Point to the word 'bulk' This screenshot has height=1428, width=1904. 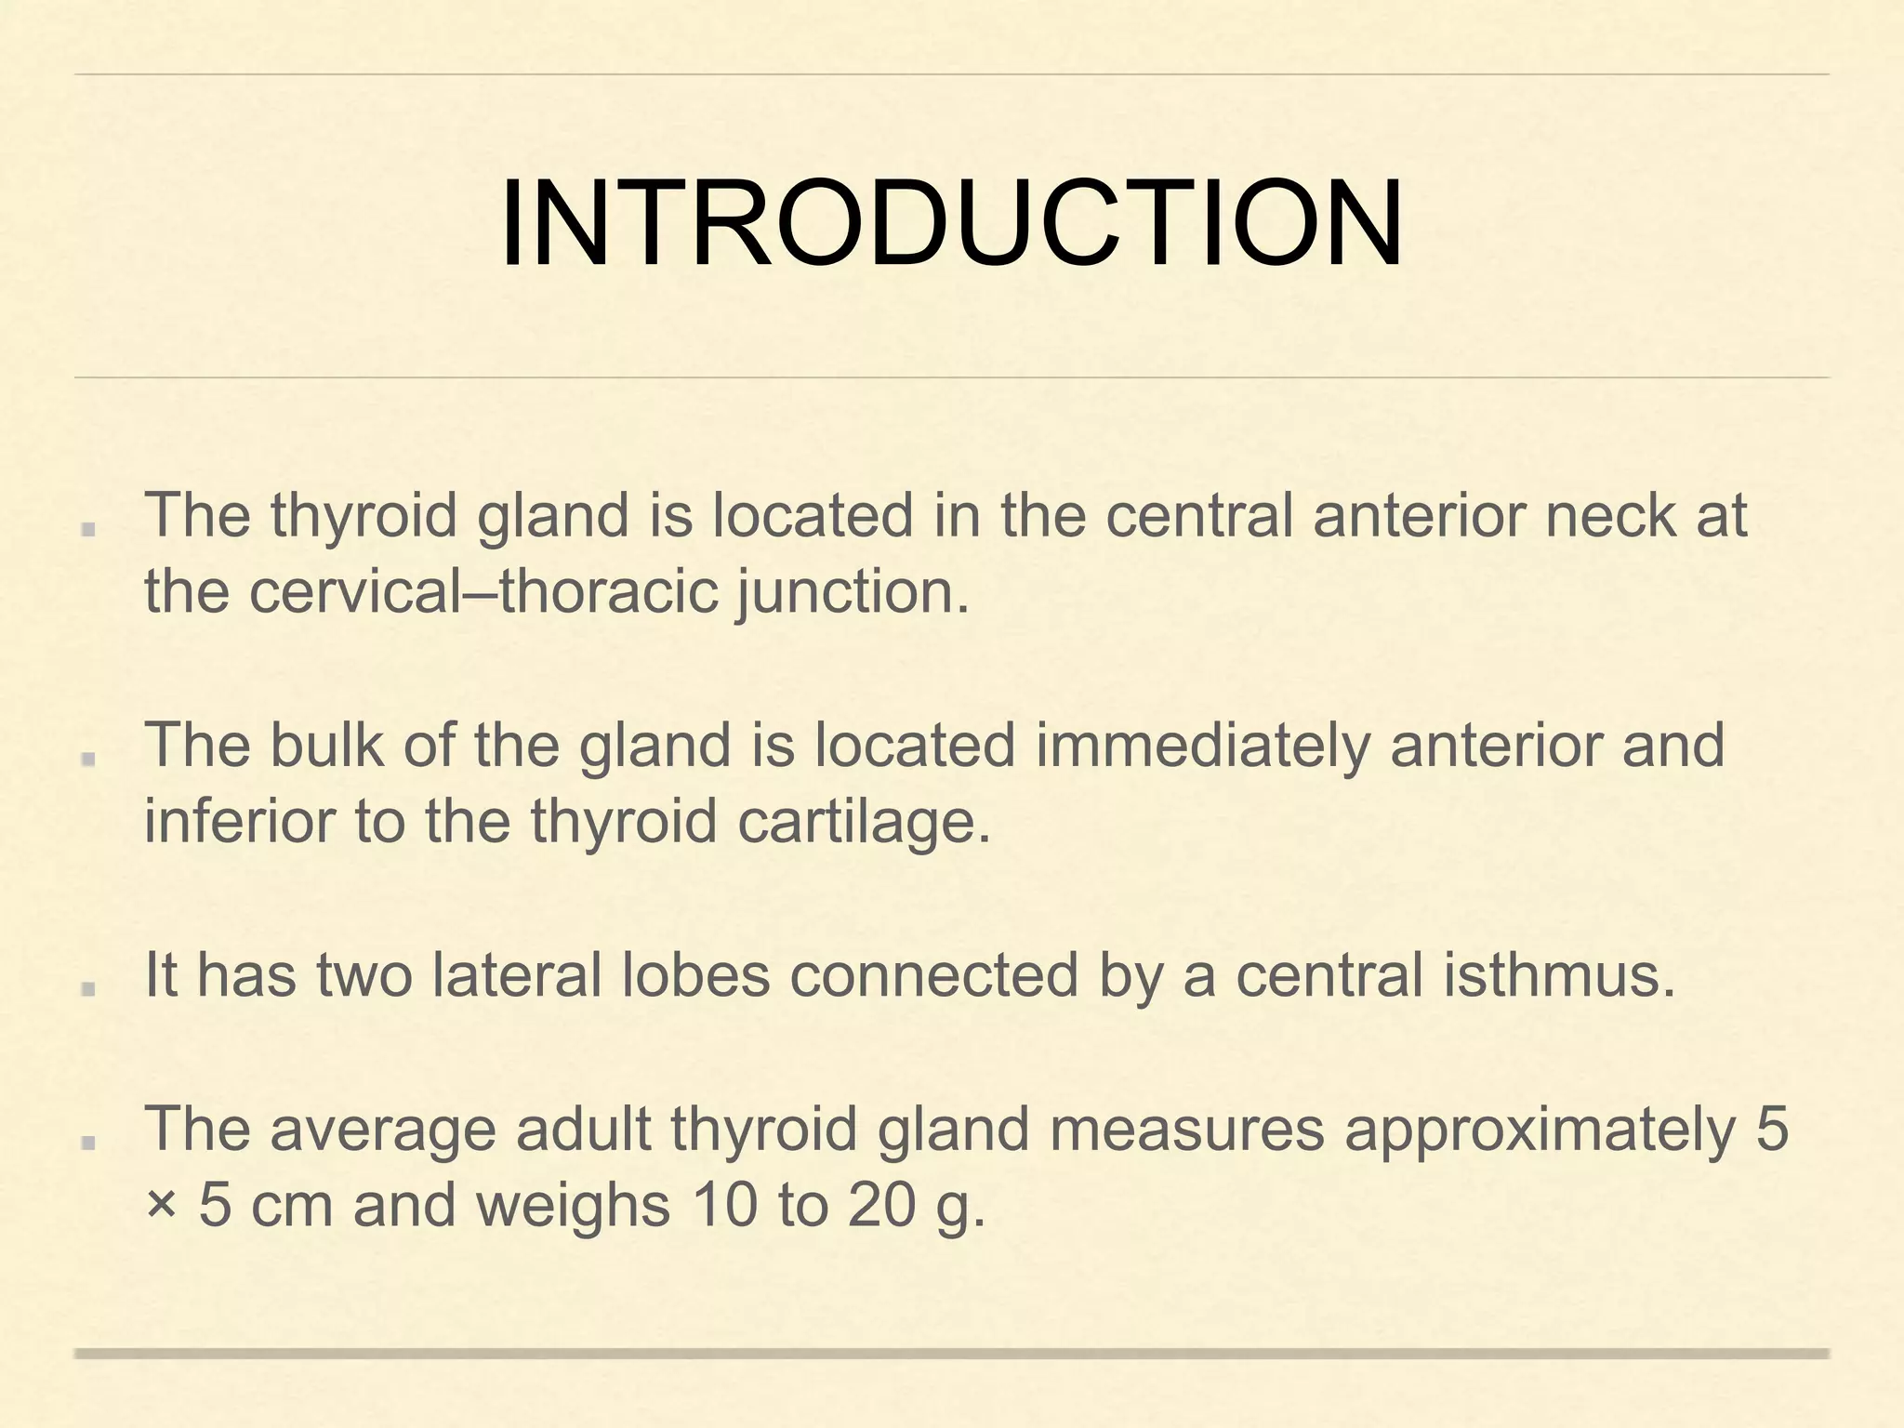[x=325, y=746]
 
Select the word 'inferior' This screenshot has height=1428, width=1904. [x=239, y=822]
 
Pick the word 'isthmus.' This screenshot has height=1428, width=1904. [x=1558, y=975]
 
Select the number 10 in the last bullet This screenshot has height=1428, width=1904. [x=723, y=1205]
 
